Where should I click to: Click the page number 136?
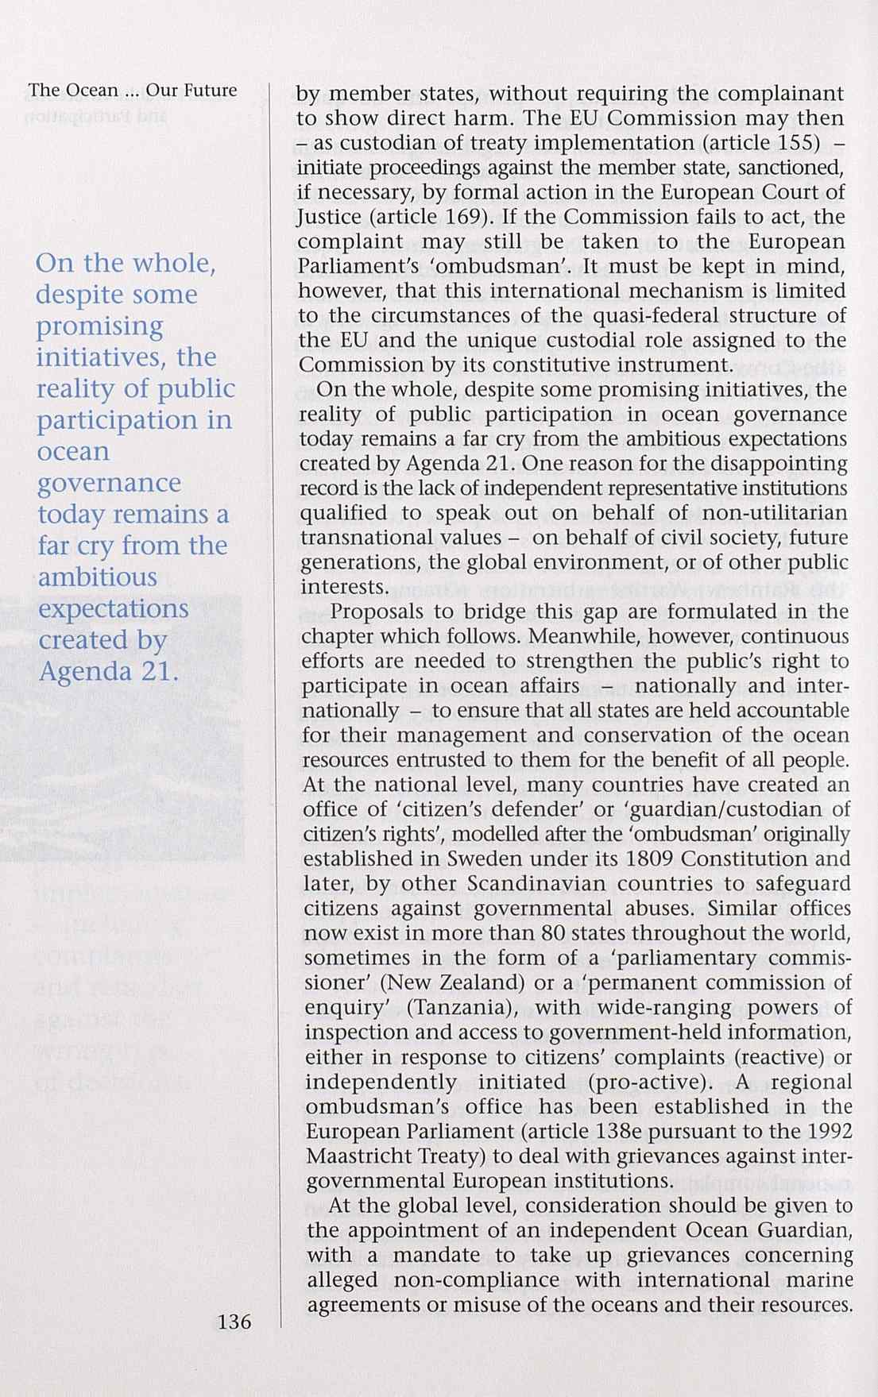pyautogui.click(x=234, y=1322)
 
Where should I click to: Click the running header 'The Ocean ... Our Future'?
pyautogui.click(x=133, y=91)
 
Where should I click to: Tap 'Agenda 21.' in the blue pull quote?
pyautogui.click(x=106, y=672)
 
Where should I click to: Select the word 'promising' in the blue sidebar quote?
pyautogui.click(x=99, y=326)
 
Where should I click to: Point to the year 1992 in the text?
pyautogui.click(x=827, y=1132)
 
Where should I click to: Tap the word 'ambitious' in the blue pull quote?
pyautogui.click(x=98, y=577)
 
